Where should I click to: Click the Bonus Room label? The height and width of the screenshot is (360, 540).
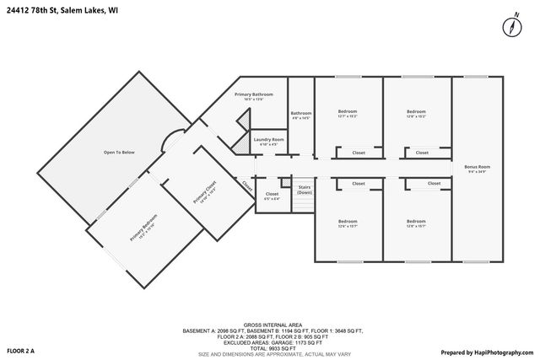[477, 167]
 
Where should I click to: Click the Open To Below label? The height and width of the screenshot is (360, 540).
[119, 152]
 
